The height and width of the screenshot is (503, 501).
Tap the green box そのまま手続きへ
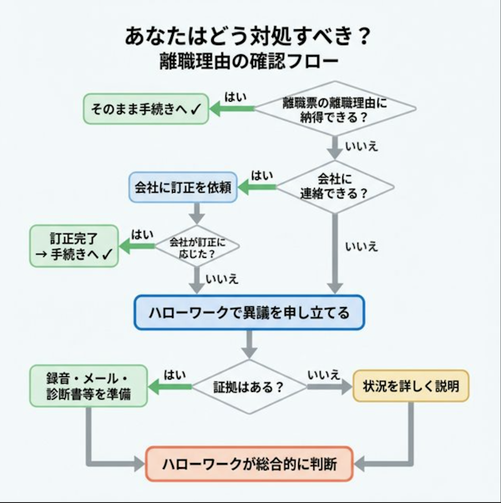click(x=144, y=108)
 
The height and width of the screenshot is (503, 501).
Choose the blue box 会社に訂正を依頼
click(x=184, y=186)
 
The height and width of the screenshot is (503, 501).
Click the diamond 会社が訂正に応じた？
click(x=197, y=246)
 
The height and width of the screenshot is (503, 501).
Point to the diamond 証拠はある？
click(x=249, y=386)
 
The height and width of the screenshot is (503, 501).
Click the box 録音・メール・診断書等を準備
click(x=88, y=386)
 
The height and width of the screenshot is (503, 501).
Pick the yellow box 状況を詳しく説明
click(x=410, y=386)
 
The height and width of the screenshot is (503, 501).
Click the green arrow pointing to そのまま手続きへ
click(x=230, y=109)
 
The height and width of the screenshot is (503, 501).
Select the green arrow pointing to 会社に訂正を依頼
click(x=258, y=188)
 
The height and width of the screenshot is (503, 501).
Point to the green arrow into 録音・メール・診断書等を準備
click(x=170, y=387)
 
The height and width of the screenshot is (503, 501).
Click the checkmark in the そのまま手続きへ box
click(x=195, y=108)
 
